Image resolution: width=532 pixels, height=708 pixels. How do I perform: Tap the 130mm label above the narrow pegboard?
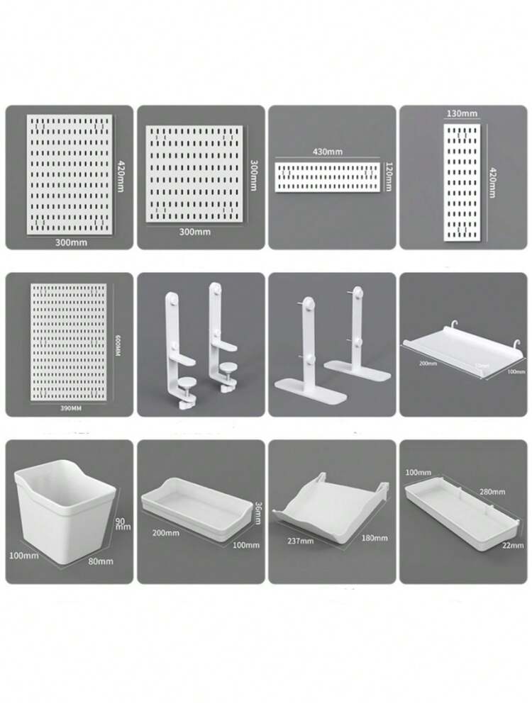461,113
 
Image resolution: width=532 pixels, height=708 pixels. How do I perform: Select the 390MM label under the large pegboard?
69,409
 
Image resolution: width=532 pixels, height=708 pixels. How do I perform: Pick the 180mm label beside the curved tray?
375,538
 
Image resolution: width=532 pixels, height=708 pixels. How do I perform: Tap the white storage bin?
62,510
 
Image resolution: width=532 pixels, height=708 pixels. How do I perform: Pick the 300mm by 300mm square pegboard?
193,173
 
